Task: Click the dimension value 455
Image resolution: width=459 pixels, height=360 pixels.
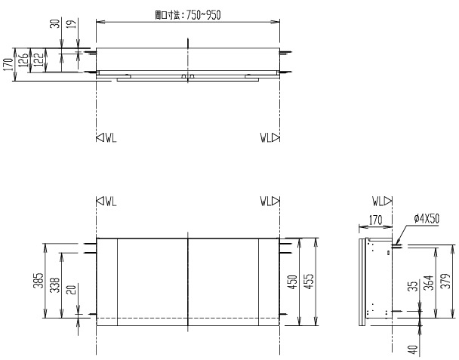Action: tap(311, 281)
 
